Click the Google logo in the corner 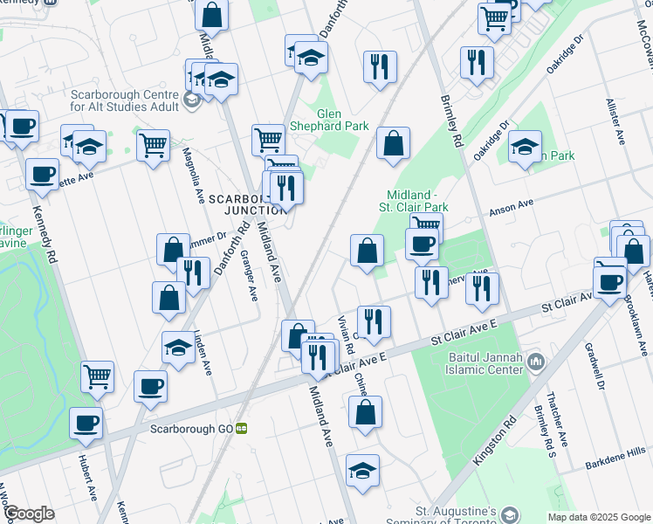tap(29, 514)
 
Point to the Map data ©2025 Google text tap(599, 517)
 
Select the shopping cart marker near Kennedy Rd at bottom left tap(98, 377)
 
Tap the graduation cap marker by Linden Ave tap(178, 347)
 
